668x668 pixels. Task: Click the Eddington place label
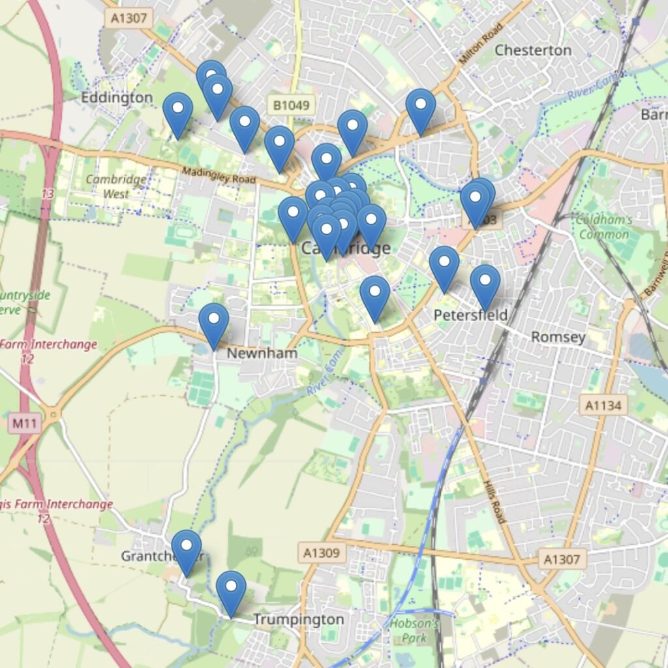[x=117, y=98]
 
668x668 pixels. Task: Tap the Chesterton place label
[x=533, y=50]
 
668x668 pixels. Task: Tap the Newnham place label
[x=262, y=353]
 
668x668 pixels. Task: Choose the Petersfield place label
[x=471, y=316]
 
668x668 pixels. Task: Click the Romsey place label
[x=558, y=337]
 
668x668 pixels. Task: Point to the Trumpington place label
[x=298, y=619]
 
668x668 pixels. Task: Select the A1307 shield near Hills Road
[x=563, y=558]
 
